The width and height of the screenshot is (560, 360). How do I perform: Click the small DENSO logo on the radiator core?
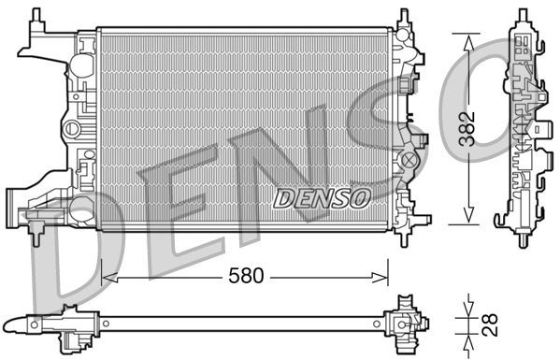323,196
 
